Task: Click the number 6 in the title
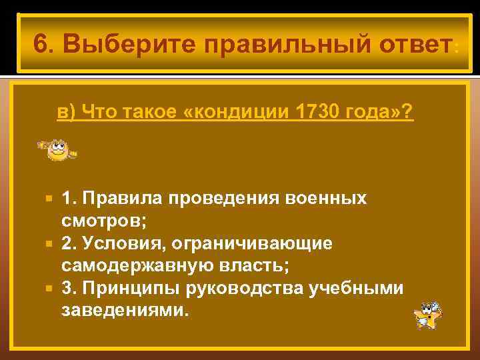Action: coord(40,45)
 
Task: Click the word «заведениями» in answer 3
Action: coord(123,311)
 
